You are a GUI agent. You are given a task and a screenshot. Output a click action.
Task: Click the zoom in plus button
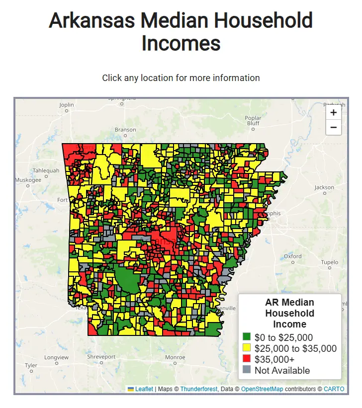click(x=333, y=113)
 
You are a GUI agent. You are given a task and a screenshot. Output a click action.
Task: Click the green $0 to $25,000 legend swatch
click(x=247, y=337)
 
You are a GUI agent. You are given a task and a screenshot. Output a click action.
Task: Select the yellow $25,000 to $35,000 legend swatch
click(x=247, y=348)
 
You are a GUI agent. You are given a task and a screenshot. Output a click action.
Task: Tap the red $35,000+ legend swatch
click(x=247, y=359)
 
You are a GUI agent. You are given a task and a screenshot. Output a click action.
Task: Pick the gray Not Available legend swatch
click(x=247, y=370)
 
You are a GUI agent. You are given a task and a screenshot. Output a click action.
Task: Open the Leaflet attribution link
click(x=144, y=389)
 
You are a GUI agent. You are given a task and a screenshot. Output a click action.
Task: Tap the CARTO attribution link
click(x=334, y=389)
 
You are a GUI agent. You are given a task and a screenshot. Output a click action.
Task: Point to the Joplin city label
click(x=66, y=105)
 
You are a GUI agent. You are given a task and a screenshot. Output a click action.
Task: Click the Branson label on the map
click(x=125, y=130)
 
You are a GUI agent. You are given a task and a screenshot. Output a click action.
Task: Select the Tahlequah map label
click(x=46, y=170)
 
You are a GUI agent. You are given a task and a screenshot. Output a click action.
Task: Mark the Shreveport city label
click(x=101, y=357)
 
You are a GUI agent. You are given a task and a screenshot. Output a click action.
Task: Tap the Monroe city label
click(x=175, y=357)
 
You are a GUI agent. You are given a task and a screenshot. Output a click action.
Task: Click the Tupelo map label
click(x=329, y=262)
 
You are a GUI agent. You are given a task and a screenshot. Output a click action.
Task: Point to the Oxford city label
click(x=293, y=256)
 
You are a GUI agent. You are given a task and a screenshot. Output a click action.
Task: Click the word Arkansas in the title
click(x=92, y=21)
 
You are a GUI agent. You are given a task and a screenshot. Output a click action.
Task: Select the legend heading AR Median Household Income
click(x=289, y=313)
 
